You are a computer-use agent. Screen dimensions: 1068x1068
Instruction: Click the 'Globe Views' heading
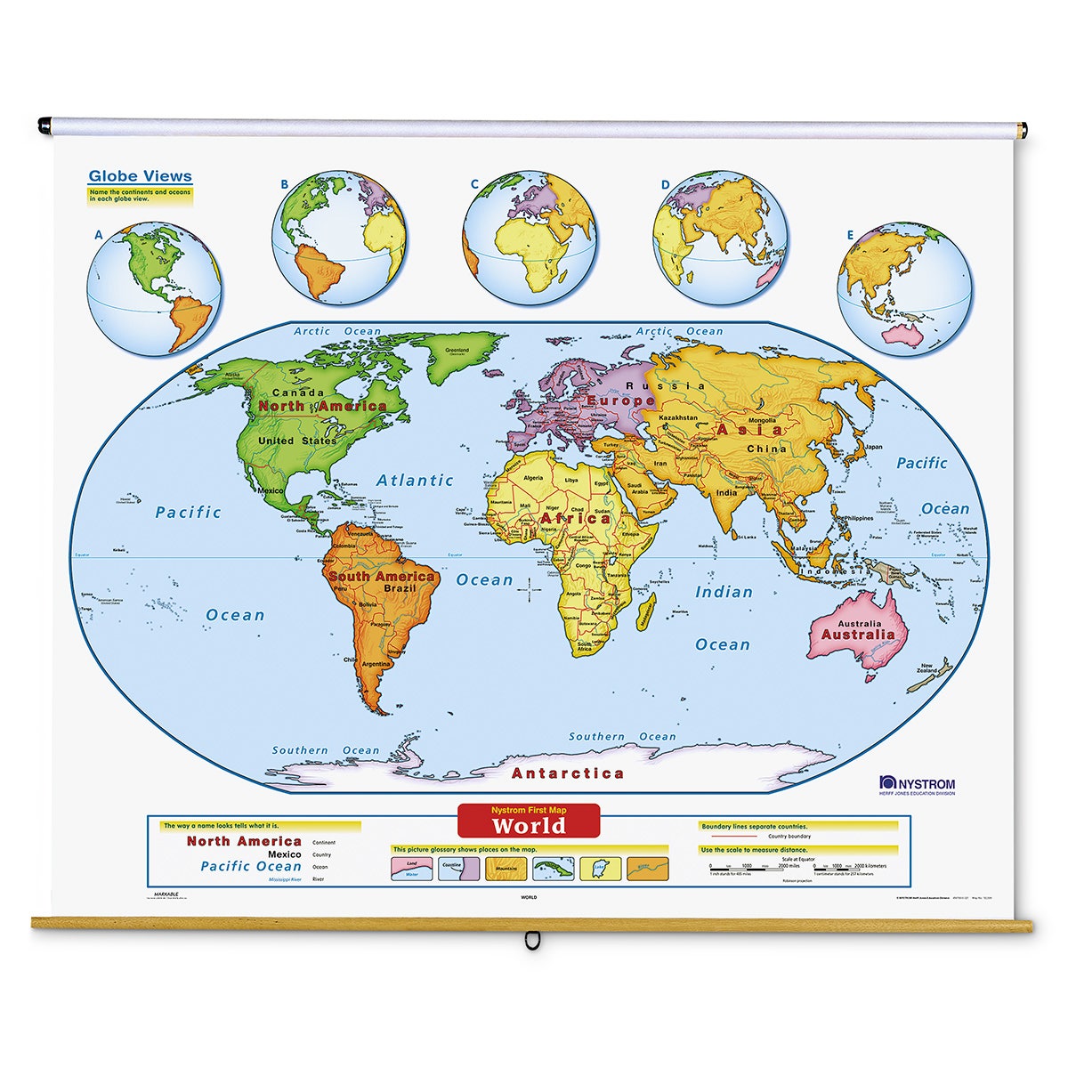[x=140, y=176]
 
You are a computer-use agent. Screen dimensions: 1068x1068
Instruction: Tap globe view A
[x=155, y=287]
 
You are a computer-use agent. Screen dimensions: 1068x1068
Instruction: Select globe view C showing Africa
[x=530, y=239]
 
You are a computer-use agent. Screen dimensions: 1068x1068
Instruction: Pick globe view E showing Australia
[x=903, y=289]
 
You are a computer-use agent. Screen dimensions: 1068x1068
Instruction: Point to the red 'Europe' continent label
[x=620, y=400]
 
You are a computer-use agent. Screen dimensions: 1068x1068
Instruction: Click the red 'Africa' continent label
[x=576, y=518]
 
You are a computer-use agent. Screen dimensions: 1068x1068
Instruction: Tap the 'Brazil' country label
[x=400, y=589]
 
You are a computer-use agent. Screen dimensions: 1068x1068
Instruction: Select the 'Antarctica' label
[x=568, y=773]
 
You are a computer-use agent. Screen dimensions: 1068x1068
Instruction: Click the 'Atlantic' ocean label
[x=415, y=481]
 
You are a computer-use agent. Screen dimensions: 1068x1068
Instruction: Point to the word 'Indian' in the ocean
[x=724, y=592]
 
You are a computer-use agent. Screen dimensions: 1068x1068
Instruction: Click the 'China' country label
[x=766, y=449]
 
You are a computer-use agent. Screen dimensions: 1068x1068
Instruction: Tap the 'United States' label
[x=297, y=441]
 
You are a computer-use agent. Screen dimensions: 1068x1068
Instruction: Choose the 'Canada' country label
[x=298, y=392]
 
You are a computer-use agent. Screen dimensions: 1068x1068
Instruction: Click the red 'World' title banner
[x=529, y=821]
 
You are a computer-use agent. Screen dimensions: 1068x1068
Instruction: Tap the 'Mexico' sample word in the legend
[x=285, y=854]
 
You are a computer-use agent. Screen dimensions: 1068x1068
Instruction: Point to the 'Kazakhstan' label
[x=679, y=417]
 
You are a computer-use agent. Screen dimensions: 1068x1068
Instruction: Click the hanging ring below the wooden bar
[x=532, y=940]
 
